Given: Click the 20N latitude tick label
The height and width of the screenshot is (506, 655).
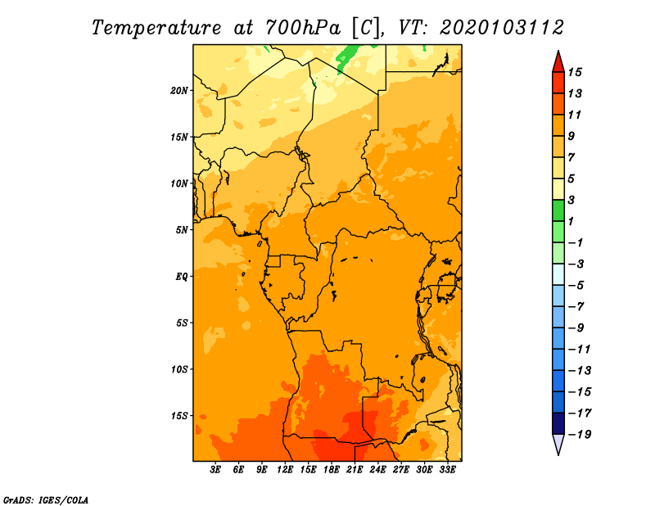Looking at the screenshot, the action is [179, 91].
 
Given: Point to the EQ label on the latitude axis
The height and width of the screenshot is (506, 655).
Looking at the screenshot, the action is [182, 277].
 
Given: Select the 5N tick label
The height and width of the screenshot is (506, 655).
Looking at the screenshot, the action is [182, 230].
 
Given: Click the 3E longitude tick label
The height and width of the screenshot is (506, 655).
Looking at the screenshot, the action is [215, 470].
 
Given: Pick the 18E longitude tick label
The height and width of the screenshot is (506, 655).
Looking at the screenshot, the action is [332, 470].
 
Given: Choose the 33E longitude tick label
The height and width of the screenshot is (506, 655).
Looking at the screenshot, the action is [447, 470].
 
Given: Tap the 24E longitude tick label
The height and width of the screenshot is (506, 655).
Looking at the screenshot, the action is [377, 470].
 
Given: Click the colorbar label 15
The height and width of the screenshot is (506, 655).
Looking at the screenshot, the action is [575, 72].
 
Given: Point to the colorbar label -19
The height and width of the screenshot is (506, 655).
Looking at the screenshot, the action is [580, 435].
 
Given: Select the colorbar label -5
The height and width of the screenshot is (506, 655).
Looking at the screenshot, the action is [576, 286].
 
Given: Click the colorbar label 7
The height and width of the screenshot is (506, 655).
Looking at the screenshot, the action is [571, 157].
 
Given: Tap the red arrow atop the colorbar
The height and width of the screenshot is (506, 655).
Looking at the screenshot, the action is [558, 63].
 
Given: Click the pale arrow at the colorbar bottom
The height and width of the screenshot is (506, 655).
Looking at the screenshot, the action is [558, 444].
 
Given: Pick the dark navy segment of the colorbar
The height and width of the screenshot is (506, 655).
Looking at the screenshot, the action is [558, 423].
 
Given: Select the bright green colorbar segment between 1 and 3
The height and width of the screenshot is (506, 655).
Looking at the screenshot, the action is [558, 210].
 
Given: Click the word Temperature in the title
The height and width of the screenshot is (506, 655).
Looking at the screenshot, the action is [156, 28].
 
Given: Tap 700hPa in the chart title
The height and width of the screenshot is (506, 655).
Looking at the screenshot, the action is [303, 28].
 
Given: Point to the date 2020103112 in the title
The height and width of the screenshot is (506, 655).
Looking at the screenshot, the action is [502, 28].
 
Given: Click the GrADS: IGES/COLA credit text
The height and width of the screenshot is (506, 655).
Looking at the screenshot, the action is [46, 499].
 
